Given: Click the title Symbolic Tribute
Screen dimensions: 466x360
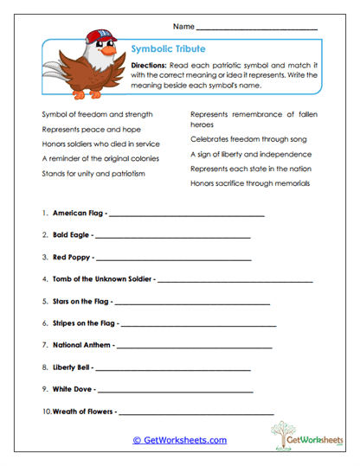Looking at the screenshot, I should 168,49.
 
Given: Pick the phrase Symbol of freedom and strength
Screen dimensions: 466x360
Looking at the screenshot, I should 97,114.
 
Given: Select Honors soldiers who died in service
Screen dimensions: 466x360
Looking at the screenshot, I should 102,144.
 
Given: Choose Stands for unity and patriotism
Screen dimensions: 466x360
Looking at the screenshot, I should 93,173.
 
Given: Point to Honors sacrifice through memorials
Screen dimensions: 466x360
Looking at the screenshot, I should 250,183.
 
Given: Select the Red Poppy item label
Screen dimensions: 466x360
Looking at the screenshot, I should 71,258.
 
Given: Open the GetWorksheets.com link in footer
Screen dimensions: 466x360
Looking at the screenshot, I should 179,440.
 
